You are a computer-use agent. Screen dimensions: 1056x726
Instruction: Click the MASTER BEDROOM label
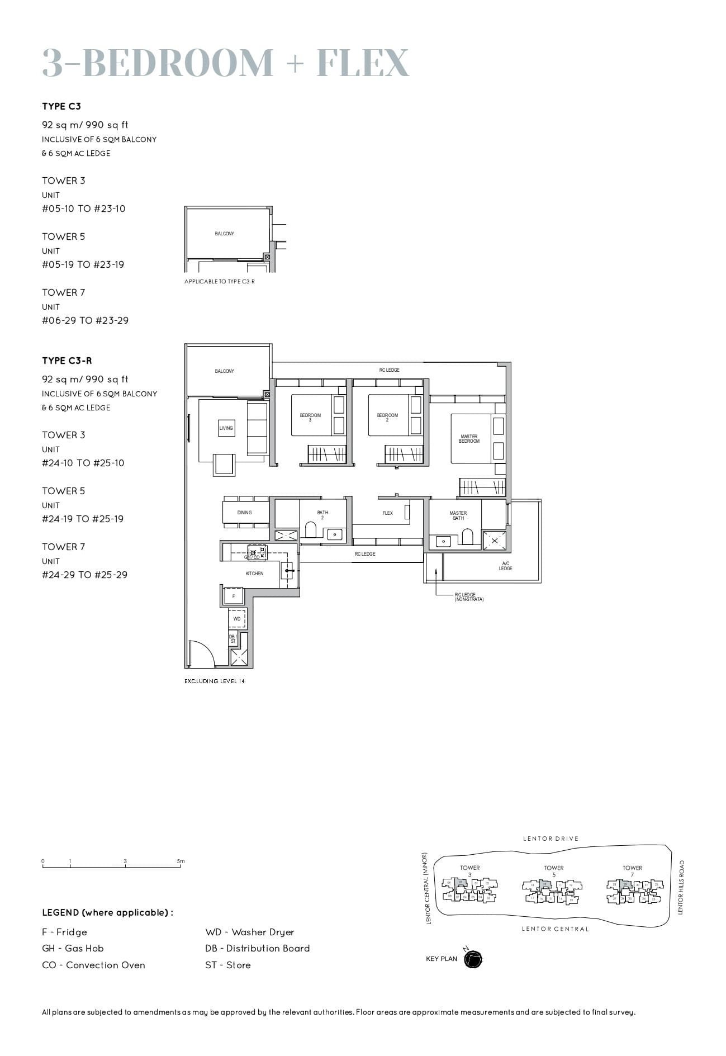pyautogui.click(x=469, y=439)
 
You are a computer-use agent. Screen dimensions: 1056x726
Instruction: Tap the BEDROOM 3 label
pyautogui.click(x=310, y=417)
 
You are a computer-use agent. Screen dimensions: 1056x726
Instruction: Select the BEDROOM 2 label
pyautogui.click(x=387, y=417)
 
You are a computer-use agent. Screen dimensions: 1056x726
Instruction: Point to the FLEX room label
pyautogui.click(x=387, y=513)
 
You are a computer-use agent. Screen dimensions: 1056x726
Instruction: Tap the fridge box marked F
pyautogui.click(x=234, y=596)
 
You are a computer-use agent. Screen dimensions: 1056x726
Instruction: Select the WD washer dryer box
pyautogui.click(x=237, y=619)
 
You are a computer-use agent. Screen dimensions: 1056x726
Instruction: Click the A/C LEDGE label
pyautogui.click(x=505, y=566)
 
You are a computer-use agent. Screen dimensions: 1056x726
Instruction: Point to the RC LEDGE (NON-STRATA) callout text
pyautogui.click(x=469, y=597)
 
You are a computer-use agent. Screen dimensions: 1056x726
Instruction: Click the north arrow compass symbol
pyautogui.click(x=473, y=959)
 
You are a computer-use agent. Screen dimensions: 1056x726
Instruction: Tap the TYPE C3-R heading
pyautogui.click(x=67, y=361)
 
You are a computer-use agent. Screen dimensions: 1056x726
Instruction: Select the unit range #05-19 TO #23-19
pyautogui.click(x=83, y=264)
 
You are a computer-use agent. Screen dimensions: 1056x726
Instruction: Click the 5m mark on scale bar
pyautogui.click(x=181, y=861)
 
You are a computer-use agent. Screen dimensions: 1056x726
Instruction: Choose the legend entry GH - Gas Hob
pyautogui.click(x=73, y=948)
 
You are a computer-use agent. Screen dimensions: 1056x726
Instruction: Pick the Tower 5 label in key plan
pyautogui.click(x=553, y=871)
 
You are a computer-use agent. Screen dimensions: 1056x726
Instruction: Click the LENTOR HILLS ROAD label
pyautogui.click(x=680, y=887)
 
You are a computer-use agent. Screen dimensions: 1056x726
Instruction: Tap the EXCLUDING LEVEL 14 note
pyautogui.click(x=215, y=681)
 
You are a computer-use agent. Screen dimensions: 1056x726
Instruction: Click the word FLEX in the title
pyautogui.click(x=363, y=63)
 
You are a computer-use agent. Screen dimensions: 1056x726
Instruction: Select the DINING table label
pyautogui.click(x=244, y=512)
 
